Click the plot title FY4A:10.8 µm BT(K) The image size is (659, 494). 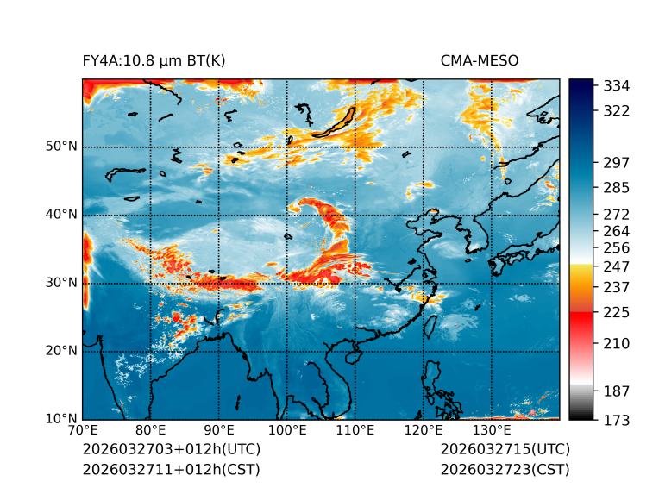[x=154, y=61]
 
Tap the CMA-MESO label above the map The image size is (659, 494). [x=480, y=61]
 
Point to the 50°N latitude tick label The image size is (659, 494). [x=61, y=147]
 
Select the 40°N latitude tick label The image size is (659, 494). [x=61, y=215]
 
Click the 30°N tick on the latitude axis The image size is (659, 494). [x=61, y=283]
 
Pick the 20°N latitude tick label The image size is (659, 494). [x=61, y=351]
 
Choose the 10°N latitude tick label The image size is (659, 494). [x=61, y=419]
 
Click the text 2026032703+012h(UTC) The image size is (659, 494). [x=171, y=450]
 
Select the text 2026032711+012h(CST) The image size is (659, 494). [x=171, y=470]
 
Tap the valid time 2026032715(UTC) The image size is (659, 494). [x=505, y=450]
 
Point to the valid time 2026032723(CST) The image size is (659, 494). [x=505, y=470]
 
